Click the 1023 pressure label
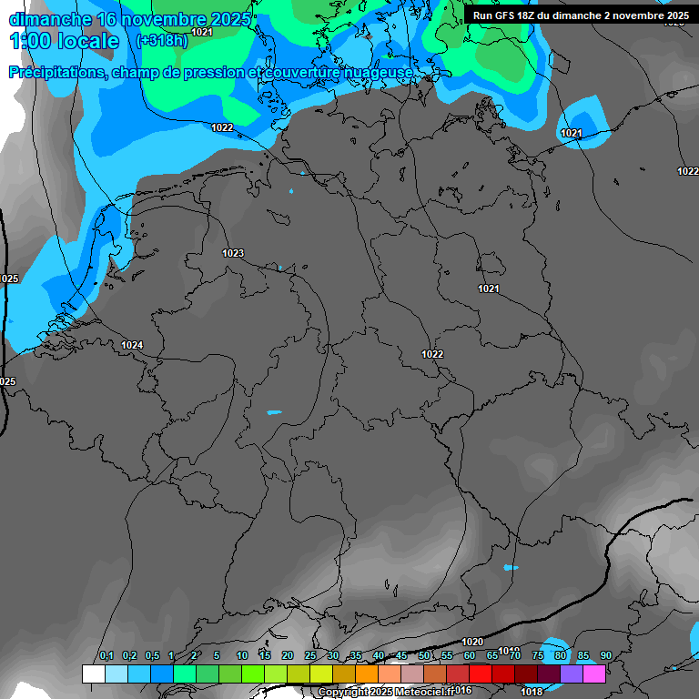tap(233, 253)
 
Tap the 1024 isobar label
tap(132, 345)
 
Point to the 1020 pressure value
tap(472, 642)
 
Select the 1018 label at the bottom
tap(532, 692)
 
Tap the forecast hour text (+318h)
tap(161, 41)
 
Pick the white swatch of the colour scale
tap(93, 674)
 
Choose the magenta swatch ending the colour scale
tap(594, 674)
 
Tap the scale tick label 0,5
tap(151, 655)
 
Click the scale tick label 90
tap(606, 655)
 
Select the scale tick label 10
tap(242, 655)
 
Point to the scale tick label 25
tap(310, 655)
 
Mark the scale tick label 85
tap(583, 655)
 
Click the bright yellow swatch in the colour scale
tap(321, 674)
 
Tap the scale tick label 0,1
tap(106, 655)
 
